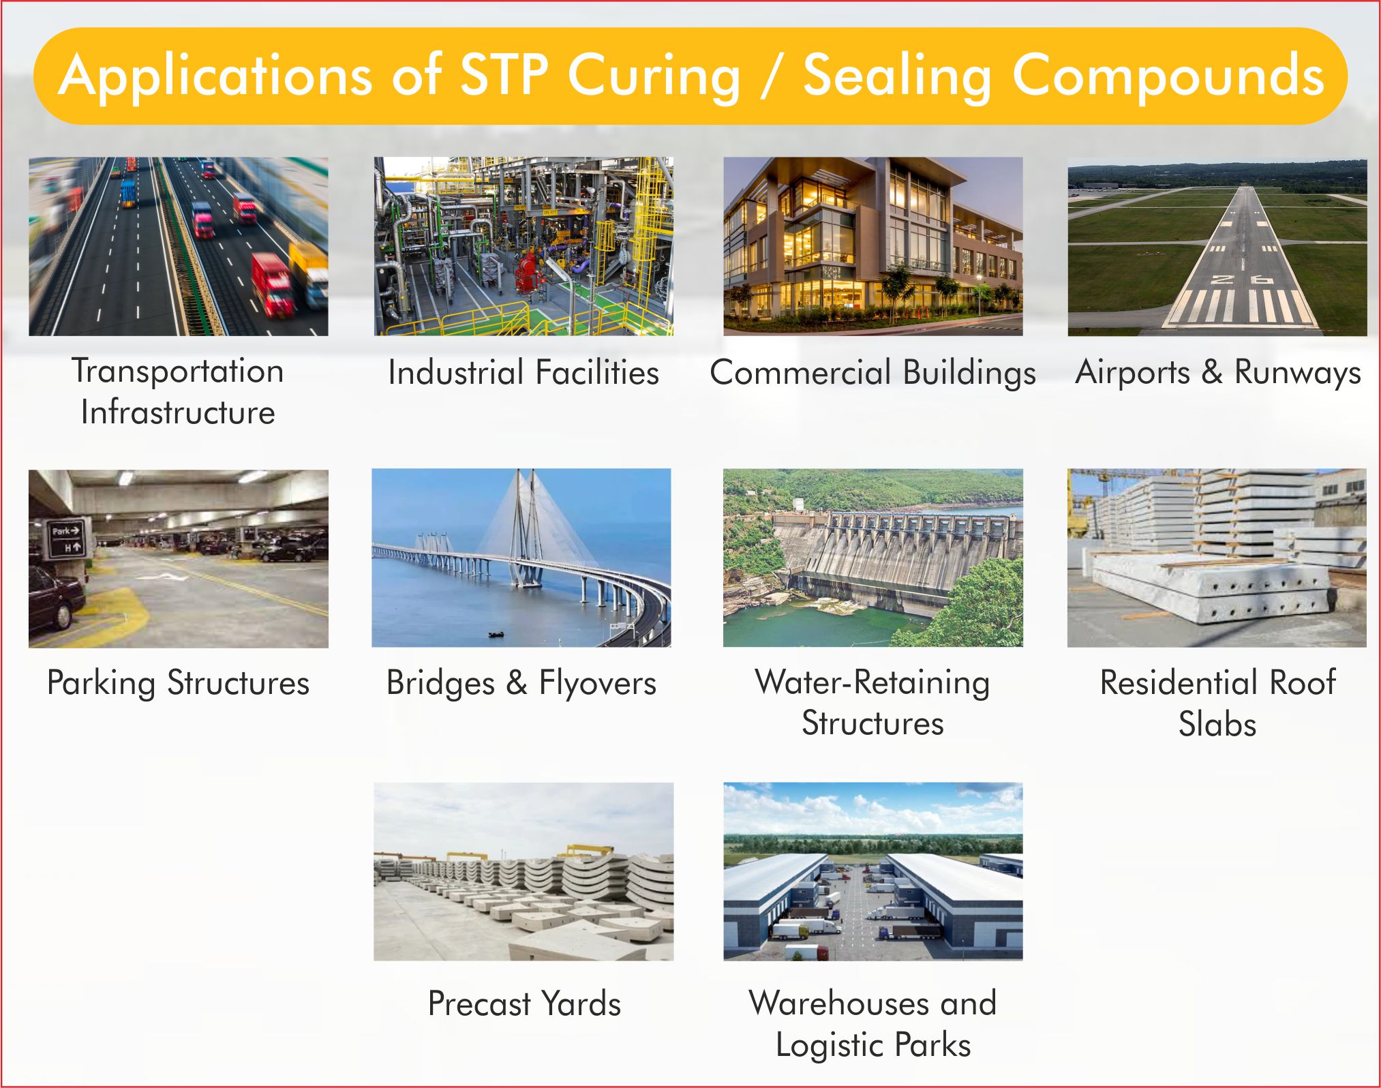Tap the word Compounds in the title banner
point(1168,76)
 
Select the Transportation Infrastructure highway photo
point(178,246)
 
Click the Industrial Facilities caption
point(523,373)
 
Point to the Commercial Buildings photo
point(872,246)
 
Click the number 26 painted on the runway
point(1241,279)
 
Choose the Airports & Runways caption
point(1217,373)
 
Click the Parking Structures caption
point(178,683)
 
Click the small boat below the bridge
point(496,635)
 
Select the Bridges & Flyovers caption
point(521,683)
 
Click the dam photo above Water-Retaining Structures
point(872,558)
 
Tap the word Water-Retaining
point(872,682)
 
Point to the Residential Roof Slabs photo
point(1217,558)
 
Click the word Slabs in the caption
point(1217,724)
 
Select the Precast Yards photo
point(523,871)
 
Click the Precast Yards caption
point(524,1003)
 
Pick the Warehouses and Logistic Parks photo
point(872,871)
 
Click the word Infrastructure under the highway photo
point(178,412)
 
